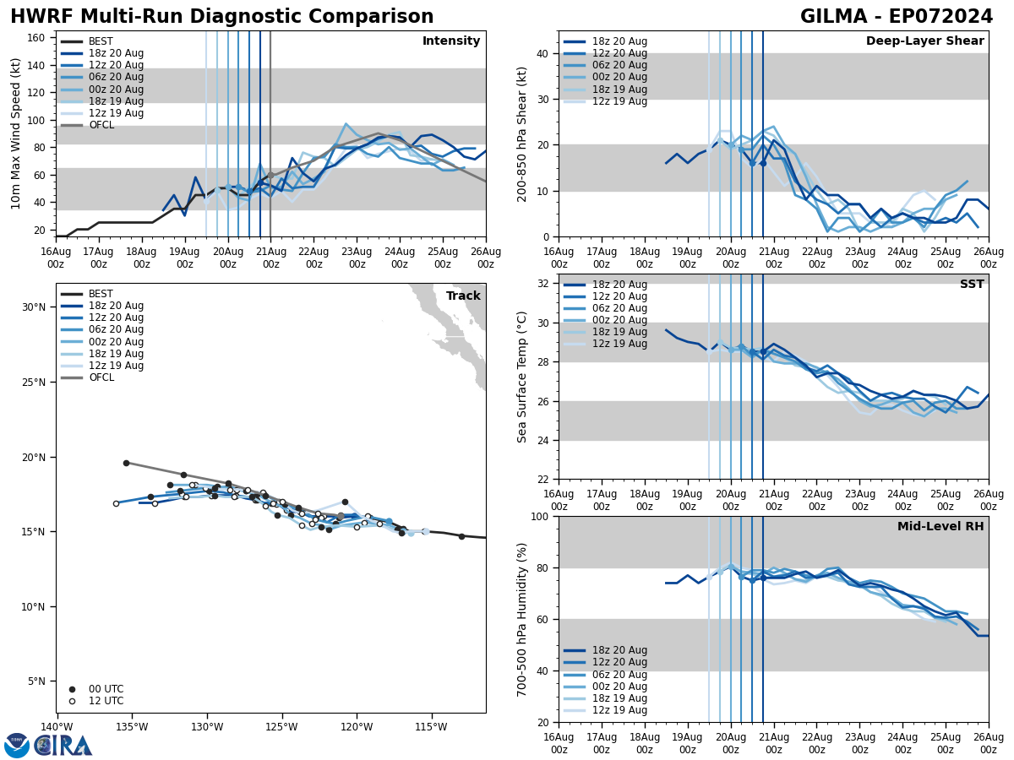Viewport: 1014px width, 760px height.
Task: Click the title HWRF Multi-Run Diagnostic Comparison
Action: [221, 17]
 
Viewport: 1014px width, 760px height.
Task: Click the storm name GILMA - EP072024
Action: [897, 17]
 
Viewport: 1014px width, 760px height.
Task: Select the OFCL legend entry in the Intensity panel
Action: [101, 125]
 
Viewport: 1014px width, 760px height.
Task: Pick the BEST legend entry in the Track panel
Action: [101, 294]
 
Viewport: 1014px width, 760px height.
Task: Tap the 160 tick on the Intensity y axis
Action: [39, 38]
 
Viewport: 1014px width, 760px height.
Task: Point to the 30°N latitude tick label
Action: [33, 307]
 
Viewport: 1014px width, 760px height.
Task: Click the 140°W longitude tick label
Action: [57, 726]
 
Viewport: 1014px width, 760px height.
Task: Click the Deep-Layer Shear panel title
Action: [924, 41]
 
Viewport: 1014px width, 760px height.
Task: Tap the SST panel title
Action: [972, 285]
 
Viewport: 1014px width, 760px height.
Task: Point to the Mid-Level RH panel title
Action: [940, 527]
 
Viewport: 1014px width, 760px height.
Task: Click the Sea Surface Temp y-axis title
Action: [522, 377]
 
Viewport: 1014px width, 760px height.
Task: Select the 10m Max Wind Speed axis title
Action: [16, 133]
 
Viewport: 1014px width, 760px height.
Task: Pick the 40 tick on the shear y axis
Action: [542, 53]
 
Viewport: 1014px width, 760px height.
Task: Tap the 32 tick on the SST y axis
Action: [542, 284]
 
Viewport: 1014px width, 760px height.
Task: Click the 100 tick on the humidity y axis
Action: [538, 517]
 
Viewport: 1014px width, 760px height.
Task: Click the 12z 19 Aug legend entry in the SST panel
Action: [619, 344]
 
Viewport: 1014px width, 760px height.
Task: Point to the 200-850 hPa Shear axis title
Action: [522, 133]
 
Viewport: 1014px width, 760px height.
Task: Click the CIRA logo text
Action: [63, 745]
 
